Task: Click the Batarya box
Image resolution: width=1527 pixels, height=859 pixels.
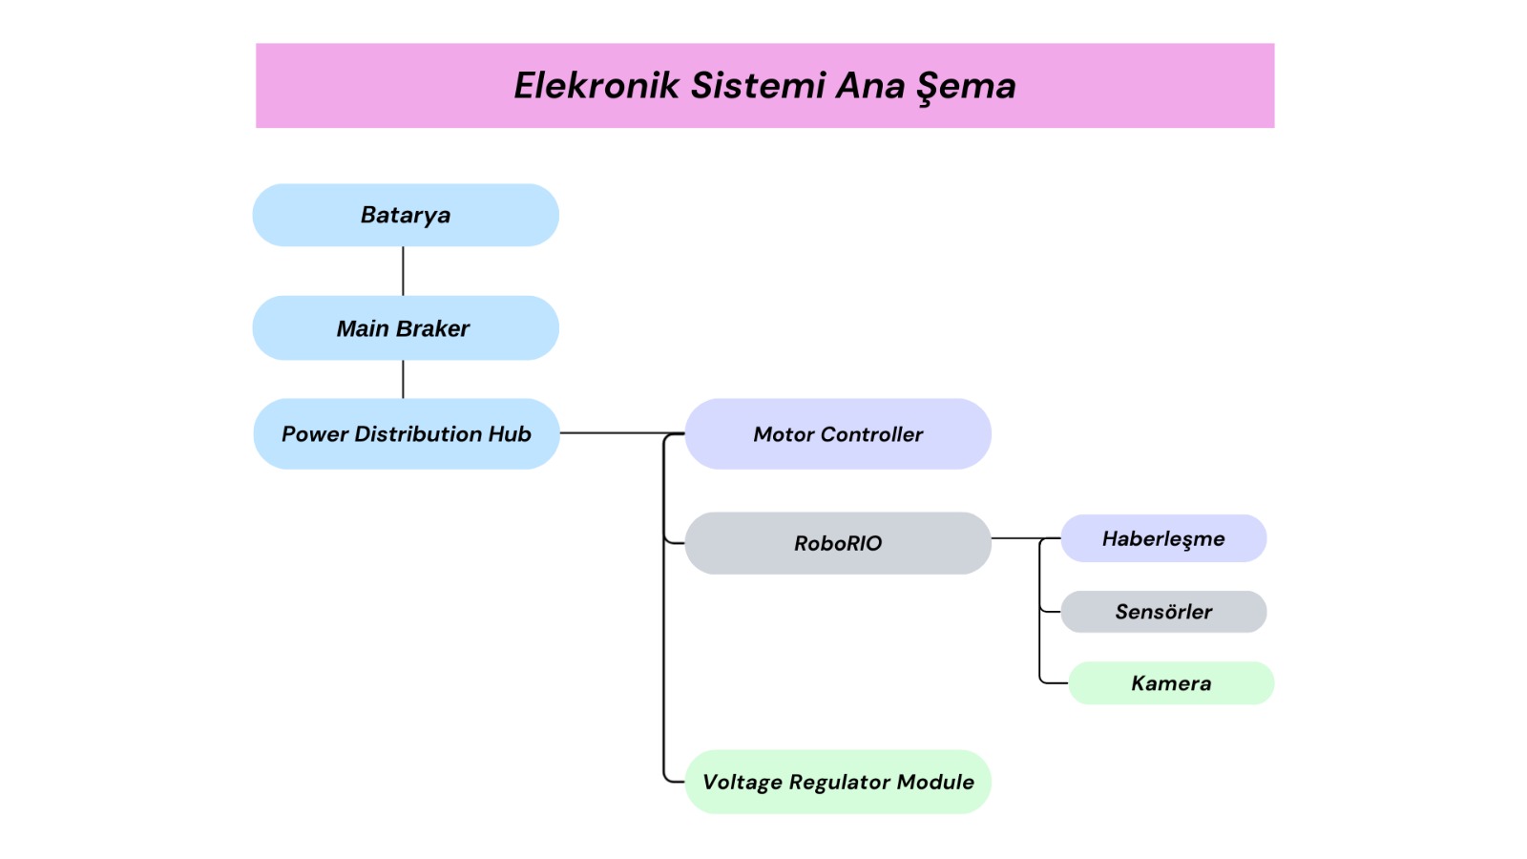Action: (406, 216)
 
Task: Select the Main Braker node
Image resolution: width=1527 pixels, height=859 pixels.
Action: (406, 328)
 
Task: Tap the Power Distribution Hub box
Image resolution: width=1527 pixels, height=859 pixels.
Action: (406, 434)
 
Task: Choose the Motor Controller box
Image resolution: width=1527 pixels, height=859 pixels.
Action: (838, 434)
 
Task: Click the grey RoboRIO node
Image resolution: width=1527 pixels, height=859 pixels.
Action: (838, 543)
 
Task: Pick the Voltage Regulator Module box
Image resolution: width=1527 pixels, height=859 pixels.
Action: (838, 782)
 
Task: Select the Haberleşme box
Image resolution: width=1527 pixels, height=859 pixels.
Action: (1163, 539)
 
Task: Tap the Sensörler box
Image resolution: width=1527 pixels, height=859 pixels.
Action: (1163, 612)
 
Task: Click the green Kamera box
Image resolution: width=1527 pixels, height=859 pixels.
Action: (1171, 683)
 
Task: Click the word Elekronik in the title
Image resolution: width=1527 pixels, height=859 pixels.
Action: (596, 86)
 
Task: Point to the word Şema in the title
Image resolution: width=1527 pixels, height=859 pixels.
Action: (966, 87)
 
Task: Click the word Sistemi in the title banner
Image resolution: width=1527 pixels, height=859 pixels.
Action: (759, 86)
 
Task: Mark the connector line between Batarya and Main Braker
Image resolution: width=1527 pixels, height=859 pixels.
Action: (403, 271)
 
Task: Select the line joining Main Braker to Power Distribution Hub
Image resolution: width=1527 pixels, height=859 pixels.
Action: (403, 379)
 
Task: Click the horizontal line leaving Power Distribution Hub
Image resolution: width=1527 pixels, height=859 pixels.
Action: (611, 432)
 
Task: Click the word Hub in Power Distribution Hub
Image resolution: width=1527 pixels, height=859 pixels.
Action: (510, 434)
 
